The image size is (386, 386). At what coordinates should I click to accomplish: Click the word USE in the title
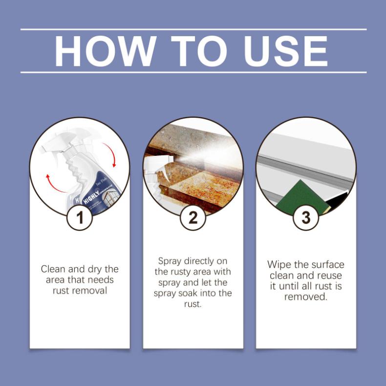click(286, 51)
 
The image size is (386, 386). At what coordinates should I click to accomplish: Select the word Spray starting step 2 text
click(170, 261)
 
